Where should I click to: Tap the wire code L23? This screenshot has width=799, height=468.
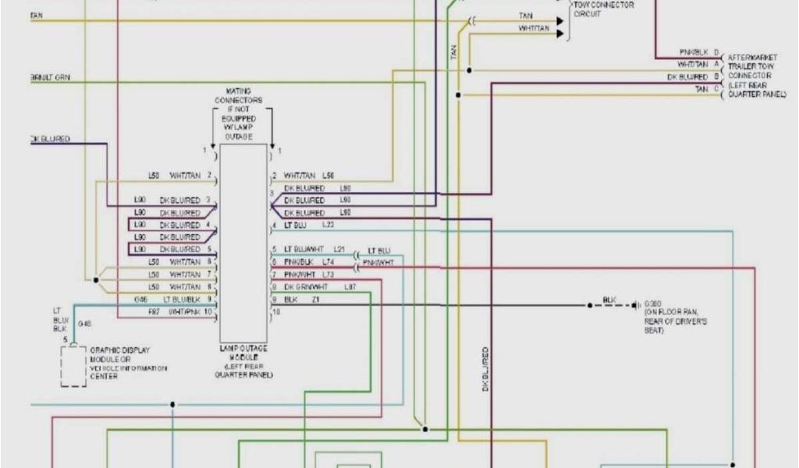tap(328, 225)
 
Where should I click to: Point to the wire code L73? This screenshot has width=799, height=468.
tap(328, 275)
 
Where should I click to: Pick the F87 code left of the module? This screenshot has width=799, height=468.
tap(154, 312)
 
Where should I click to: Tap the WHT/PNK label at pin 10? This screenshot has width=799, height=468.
tap(186, 312)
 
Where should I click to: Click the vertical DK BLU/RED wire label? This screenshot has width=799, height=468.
tap(485, 370)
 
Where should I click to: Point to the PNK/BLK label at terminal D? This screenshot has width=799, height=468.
tap(693, 52)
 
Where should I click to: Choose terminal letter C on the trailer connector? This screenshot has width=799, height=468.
tap(716, 90)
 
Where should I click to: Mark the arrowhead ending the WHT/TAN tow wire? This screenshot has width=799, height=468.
tap(559, 34)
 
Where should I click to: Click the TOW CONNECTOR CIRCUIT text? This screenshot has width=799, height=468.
tap(604, 9)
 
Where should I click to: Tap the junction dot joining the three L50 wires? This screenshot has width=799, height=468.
tap(96, 279)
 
